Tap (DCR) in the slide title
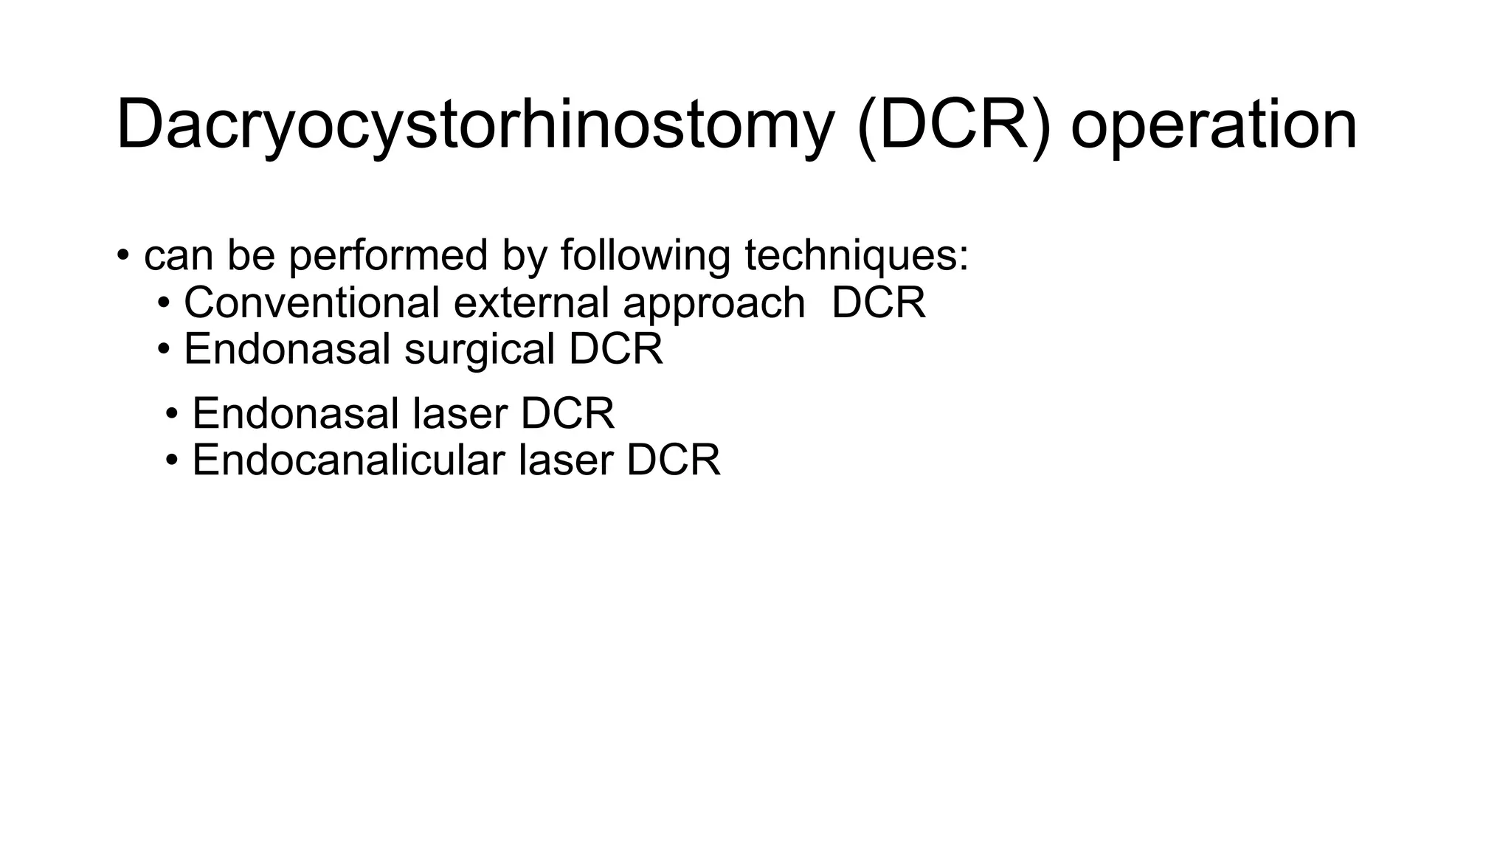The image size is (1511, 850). click(953, 125)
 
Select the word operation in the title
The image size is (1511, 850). click(1213, 125)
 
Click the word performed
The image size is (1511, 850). click(388, 256)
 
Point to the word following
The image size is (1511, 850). click(645, 256)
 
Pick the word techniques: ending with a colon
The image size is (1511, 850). click(856, 256)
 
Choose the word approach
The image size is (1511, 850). click(713, 304)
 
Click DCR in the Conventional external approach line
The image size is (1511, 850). click(878, 303)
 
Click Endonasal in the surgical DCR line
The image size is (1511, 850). click(287, 349)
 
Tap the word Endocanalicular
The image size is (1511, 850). click(348, 460)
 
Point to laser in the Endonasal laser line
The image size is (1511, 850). click(460, 413)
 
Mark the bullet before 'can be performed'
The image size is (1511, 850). click(123, 257)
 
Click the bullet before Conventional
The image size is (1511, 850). click(164, 303)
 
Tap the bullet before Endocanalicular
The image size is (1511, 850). click(172, 460)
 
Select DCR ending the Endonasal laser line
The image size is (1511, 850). click(567, 413)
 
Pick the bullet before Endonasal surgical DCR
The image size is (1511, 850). click(164, 350)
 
